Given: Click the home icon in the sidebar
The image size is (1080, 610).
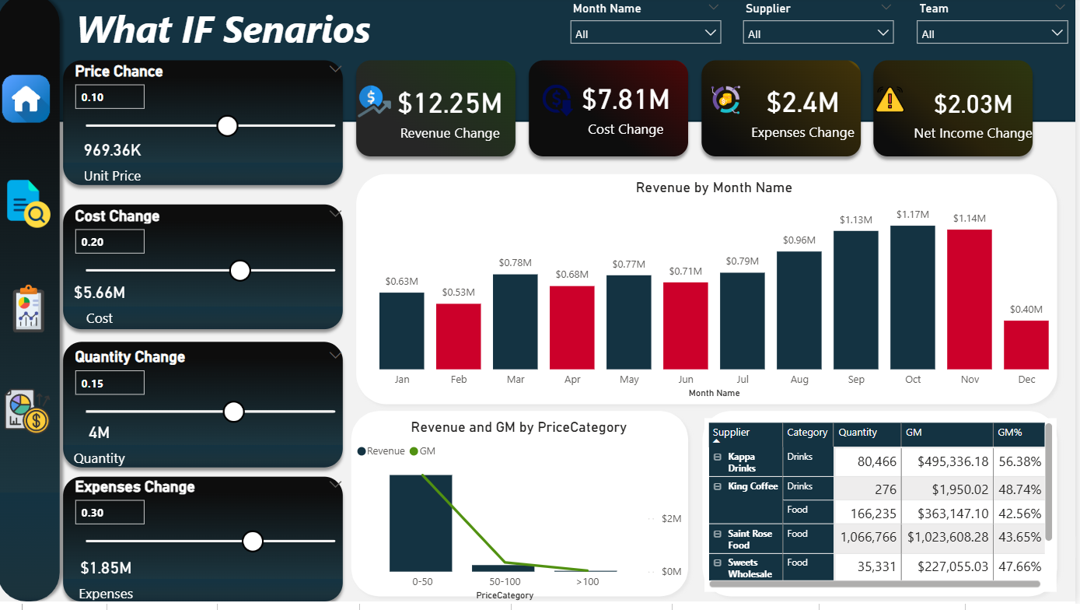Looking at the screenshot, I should pos(26,99).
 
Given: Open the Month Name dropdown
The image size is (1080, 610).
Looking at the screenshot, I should pos(645,33).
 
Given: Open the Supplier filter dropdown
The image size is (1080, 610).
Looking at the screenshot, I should pos(818,33).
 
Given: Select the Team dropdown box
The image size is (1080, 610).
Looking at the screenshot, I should pos(991,33).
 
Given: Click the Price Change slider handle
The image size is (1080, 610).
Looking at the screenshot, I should pos(227,125).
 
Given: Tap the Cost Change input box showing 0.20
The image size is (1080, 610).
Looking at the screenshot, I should pos(110,242).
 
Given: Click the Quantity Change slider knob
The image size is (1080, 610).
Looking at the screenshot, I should pos(233,412).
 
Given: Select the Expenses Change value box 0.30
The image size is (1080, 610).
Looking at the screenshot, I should pos(110,513).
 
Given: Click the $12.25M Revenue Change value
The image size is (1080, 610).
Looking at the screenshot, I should pos(450,103).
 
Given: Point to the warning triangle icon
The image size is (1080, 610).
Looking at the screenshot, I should pos(890,100).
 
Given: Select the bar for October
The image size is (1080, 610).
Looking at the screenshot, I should pos(913,297).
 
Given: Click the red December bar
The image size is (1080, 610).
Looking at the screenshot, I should pos(1026,345).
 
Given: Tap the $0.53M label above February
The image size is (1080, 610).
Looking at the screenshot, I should pos(458,293).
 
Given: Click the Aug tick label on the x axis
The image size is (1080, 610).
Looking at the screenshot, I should pos(799,380).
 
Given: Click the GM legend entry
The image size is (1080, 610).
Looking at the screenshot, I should pos(423,451).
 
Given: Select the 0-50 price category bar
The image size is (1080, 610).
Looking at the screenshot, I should pos(421,523).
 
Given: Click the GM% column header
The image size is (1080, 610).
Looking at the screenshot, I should pos(1009,433).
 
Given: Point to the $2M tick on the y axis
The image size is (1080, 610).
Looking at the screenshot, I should pos(670,519).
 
